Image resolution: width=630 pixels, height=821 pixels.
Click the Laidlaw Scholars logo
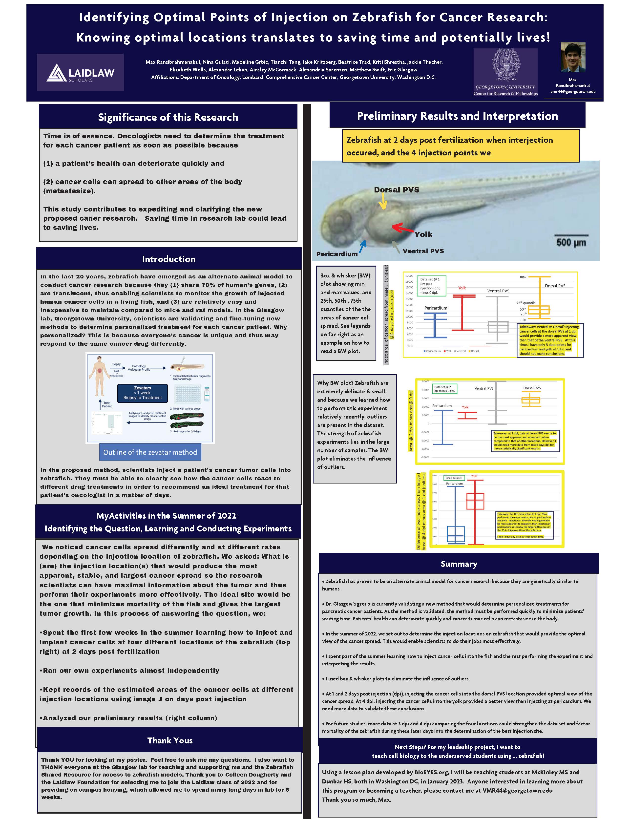click(80, 72)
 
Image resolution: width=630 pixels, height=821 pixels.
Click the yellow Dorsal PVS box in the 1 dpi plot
click(539, 310)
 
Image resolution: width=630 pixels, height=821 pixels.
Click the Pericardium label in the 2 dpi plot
click(442, 405)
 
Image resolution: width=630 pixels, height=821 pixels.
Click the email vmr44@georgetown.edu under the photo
click(573, 91)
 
